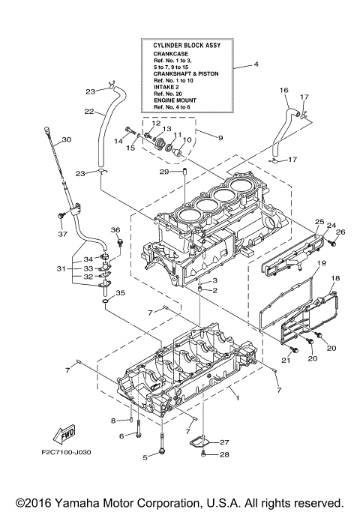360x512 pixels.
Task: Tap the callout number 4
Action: click(256, 65)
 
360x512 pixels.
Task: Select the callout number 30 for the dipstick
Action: click(66, 140)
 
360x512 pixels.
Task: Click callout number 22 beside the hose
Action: click(88, 112)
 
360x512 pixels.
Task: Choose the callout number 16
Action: click(283, 90)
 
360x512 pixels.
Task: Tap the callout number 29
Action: click(162, 172)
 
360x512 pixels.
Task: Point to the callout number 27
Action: click(224, 442)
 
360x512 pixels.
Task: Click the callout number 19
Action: click(320, 263)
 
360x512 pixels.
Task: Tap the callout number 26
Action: click(340, 232)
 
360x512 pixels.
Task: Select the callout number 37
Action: click(62, 232)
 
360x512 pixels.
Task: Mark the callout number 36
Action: click(115, 229)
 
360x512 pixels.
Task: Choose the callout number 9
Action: click(220, 139)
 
